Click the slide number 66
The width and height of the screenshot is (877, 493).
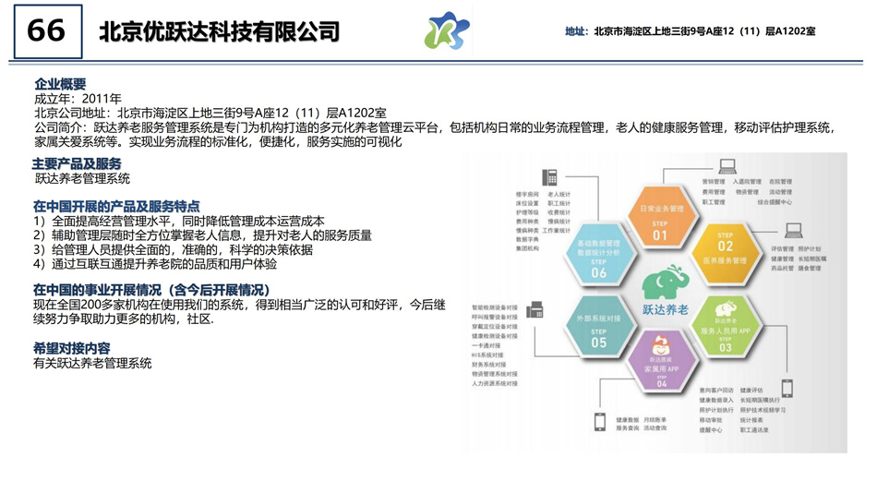point(46,30)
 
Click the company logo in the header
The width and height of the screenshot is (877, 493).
point(447,31)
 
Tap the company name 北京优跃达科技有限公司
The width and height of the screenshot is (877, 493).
point(220,32)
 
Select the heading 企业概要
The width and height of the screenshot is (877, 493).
point(60,83)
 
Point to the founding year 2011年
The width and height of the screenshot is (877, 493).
point(102,98)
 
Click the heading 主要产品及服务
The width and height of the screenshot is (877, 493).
point(77,163)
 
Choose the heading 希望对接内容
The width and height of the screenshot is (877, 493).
point(72,348)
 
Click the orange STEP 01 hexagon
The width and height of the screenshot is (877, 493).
point(660,217)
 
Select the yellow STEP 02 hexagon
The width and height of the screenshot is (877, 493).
point(725,253)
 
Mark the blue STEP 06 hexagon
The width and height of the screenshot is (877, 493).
point(598,253)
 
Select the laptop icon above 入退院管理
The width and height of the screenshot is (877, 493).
point(728,167)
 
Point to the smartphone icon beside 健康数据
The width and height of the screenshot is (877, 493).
point(599,422)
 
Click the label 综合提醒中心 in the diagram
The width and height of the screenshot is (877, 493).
point(775,200)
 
